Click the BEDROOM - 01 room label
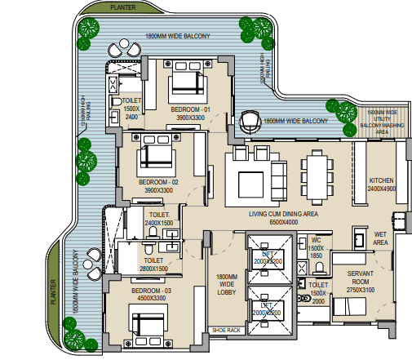click(190, 109)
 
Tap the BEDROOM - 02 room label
click(158, 181)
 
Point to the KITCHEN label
click(382, 180)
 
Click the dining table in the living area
click(315, 172)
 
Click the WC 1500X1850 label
click(318, 248)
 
